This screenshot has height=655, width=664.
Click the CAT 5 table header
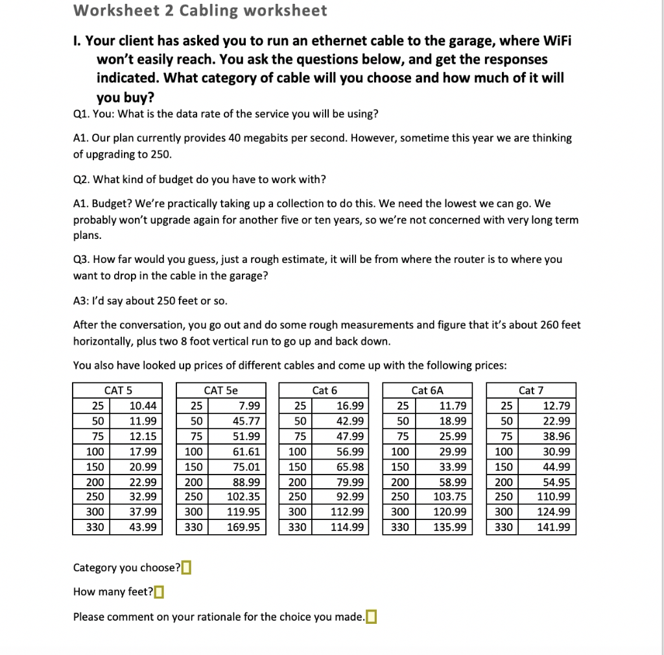coord(118,390)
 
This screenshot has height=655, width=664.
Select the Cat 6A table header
coord(427,390)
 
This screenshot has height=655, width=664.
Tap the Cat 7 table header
coord(531,390)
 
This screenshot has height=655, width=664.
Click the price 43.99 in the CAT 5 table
coord(143,527)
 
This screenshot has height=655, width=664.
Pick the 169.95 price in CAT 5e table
coord(243,527)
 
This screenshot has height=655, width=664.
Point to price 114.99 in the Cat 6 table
coord(347,527)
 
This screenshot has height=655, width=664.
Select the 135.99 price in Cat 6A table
coord(450,527)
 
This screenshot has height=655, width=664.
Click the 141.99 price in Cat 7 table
coord(554,527)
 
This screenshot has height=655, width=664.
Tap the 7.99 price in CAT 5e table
coord(249,406)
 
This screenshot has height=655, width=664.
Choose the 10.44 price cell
coord(143,406)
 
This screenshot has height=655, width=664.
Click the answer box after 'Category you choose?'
coord(186,568)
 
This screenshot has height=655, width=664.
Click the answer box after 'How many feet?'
coord(159,592)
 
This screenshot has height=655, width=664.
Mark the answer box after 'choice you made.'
coord(371,617)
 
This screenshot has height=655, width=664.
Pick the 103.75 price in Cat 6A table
coord(450,497)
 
